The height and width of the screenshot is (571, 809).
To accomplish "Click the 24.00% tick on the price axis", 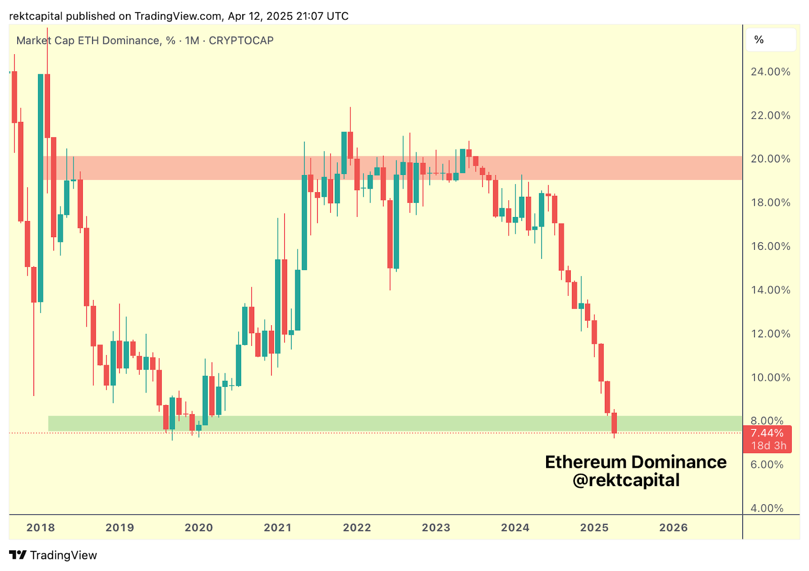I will click(x=770, y=72).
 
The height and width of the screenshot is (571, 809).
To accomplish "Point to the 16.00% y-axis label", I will click(x=770, y=246).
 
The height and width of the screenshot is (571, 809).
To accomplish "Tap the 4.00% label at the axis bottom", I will click(x=767, y=508).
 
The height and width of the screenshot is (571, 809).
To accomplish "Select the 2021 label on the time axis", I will click(x=278, y=528).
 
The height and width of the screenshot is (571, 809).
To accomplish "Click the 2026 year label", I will click(x=673, y=528).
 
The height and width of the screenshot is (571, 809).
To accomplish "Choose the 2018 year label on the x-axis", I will click(x=40, y=528).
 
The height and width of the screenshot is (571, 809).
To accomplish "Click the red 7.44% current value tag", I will click(x=767, y=433).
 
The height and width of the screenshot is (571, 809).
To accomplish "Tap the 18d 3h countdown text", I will click(x=769, y=446).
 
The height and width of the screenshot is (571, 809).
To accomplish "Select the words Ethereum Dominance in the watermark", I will click(x=636, y=462).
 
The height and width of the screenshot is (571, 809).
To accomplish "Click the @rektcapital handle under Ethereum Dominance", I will click(x=626, y=480).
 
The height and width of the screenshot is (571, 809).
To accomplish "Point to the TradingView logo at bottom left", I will click(x=53, y=555).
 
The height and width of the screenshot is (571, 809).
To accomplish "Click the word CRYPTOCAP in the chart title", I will click(x=241, y=40).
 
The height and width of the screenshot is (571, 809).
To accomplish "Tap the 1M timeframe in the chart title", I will click(x=192, y=40).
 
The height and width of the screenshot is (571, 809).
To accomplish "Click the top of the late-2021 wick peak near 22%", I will click(x=350, y=108).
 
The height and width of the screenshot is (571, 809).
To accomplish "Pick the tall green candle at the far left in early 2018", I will click(x=40, y=187).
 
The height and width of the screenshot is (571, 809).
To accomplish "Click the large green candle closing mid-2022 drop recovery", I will click(x=396, y=215).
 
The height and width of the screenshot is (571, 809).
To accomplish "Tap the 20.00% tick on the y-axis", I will click(x=770, y=159).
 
